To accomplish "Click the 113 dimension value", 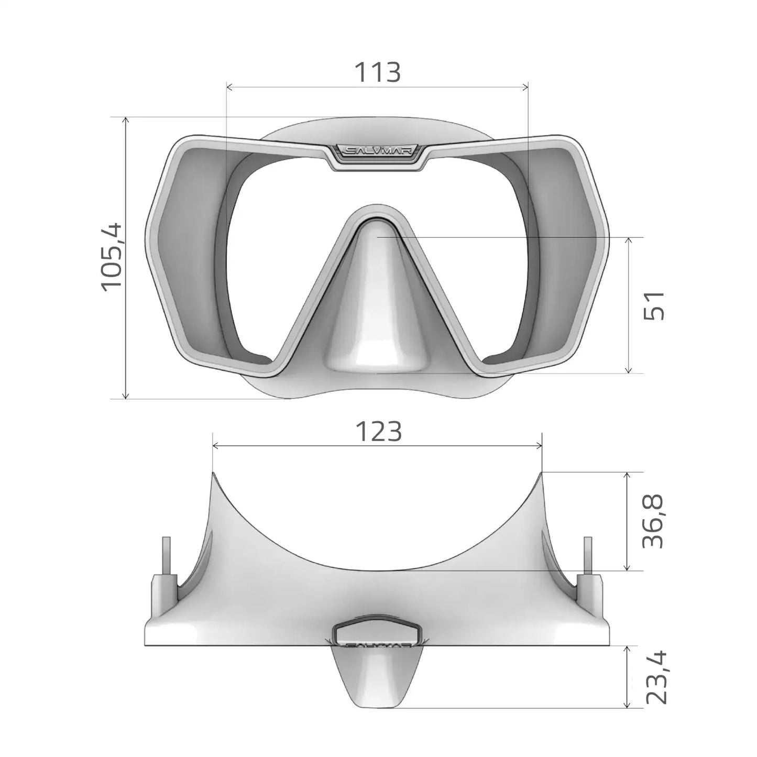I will click(x=378, y=72).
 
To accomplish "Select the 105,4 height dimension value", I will click(x=112, y=257).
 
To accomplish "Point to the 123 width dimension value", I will click(x=378, y=432).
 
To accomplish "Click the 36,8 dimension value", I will click(x=653, y=521).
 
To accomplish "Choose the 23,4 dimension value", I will click(x=655, y=677).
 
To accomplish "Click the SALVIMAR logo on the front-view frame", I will click(x=379, y=151).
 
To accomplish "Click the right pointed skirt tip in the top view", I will click(x=542, y=473).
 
